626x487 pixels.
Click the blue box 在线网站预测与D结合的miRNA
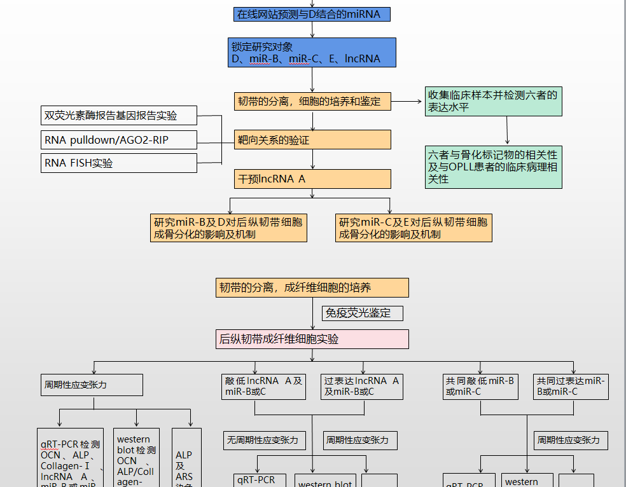tap(311, 14)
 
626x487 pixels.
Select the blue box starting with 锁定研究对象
tap(312, 52)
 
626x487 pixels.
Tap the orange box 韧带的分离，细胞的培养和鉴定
tap(312, 101)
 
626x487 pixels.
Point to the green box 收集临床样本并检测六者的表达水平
tap(494, 101)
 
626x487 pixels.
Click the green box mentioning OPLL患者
tap(494, 167)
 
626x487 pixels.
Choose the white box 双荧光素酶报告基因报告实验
tap(118, 116)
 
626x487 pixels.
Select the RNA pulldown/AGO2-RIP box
tap(118, 140)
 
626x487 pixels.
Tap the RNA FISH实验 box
tap(118, 163)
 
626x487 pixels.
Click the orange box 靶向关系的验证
tap(312, 140)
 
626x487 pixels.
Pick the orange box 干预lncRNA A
tap(312, 179)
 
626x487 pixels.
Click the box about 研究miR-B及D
tap(228, 228)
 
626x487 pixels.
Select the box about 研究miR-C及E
tap(414, 228)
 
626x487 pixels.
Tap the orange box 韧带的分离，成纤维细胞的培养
tap(312, 287)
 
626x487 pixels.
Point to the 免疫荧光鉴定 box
tap(362, 313)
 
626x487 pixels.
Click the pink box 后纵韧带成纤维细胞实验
tap(312, 339)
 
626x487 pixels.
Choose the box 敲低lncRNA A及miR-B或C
tap(263, 386)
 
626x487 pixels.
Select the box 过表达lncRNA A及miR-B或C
tap(361, 386)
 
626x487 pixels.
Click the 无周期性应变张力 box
tap(263, 439)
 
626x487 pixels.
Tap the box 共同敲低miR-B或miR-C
tap(480, 386)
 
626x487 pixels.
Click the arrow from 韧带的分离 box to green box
tap(408, 101)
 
